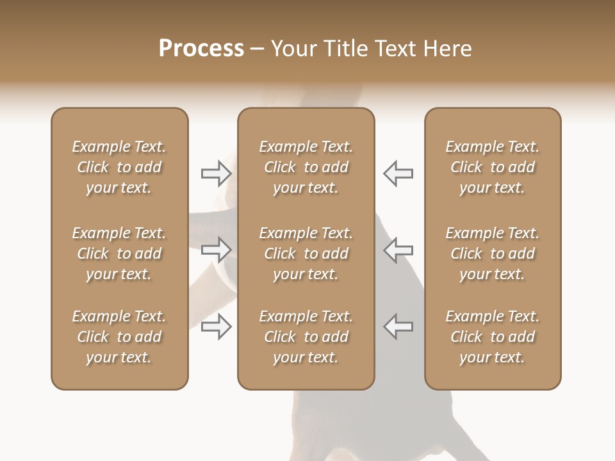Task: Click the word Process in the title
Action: coord(201,49)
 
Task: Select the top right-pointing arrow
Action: coord(216,174)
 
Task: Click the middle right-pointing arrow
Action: coord(216,250)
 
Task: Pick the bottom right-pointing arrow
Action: coord(216,326)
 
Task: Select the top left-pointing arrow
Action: coord(398,174)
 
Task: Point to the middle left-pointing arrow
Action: coord(398,250)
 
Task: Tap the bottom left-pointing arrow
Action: coord(398,326)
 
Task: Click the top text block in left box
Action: coord(119,167)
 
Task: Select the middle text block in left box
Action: coord(119,254)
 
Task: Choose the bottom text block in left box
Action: coord(119,337)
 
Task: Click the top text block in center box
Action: coord(306,167)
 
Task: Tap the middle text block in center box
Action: coord(306,254)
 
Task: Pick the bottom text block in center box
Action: coord(306,337)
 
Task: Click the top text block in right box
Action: coord(493,167)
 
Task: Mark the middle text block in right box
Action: coord(493,254)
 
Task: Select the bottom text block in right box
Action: coord(493,337)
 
